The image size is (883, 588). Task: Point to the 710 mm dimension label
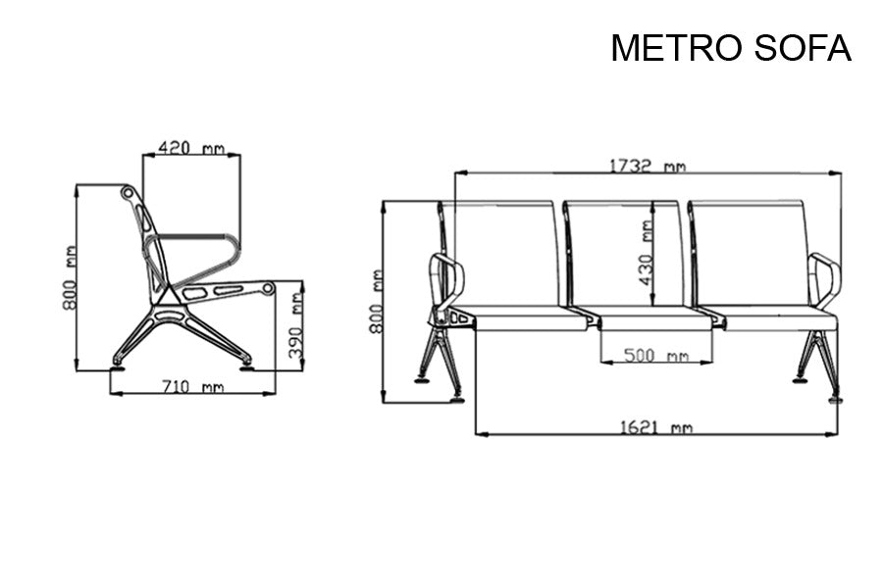(192, 387)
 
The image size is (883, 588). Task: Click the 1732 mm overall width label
(644, 166)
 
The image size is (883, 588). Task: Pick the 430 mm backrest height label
(645, 252)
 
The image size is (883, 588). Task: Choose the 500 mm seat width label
(655, 355)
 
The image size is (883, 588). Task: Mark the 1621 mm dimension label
(655, 427)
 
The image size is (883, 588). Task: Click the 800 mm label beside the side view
(71, 278)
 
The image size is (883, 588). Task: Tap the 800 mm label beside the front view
(376, 302)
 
